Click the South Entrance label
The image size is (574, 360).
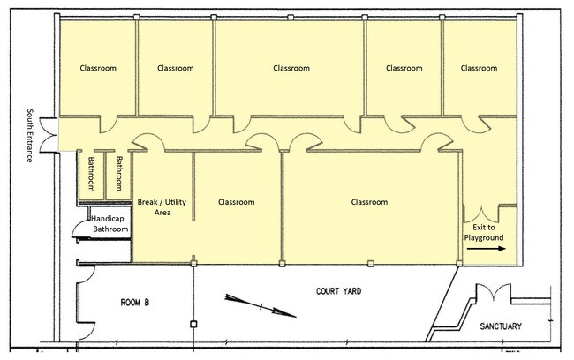(30, 135)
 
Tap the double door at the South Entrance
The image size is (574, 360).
(49, 135)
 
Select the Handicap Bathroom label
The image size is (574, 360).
(109, 224)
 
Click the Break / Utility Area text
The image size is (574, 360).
(162, 207)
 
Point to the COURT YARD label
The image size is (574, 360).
(338, 291)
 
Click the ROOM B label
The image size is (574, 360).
(135, 303)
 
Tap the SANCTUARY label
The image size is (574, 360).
(501, 326)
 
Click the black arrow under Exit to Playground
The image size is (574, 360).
(487, 249)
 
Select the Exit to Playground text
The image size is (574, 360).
(484, 233)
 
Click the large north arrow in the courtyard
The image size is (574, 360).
(260, 304)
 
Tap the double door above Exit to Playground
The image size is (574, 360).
(480, 214)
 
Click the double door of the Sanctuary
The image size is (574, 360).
(493, 291)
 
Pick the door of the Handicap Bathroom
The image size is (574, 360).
(81, 229)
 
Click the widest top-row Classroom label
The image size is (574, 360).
(291, 68)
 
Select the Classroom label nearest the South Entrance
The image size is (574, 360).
(98, 68)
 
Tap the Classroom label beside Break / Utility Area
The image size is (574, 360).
(236, 202)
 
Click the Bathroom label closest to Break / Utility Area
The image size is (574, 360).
(119, 174)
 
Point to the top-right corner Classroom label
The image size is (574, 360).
(479, 68)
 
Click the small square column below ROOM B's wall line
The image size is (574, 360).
(193, 324)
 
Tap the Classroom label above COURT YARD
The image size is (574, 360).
(369, 202)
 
